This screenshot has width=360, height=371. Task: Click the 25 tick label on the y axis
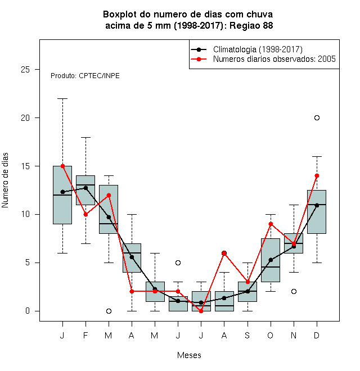(25, 70)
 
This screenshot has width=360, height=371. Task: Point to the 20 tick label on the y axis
(25, 118)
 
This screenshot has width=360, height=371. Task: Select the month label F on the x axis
(85, 335)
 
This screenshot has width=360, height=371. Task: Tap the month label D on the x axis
(317, 335)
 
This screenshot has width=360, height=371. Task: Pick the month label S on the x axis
(247, 335)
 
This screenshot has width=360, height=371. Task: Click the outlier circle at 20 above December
(317, 118)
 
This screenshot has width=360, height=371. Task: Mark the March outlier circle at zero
(109, 311)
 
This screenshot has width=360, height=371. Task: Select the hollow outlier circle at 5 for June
(178, 263)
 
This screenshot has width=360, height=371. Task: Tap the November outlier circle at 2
(294, 292)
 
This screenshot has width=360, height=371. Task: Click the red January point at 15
(62, 166)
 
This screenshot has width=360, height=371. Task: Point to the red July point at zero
(201, 311)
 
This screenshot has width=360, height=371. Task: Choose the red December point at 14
(317, 175)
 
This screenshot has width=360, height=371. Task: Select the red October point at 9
(271, 224)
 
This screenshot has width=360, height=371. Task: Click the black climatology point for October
(271, 260)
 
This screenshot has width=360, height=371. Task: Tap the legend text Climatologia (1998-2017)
(258, 49)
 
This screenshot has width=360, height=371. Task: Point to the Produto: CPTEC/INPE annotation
(85, 76)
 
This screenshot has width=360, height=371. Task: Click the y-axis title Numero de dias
(5, 180)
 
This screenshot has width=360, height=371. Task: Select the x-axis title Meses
(189, 355)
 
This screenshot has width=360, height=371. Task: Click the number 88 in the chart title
(268, 25)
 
